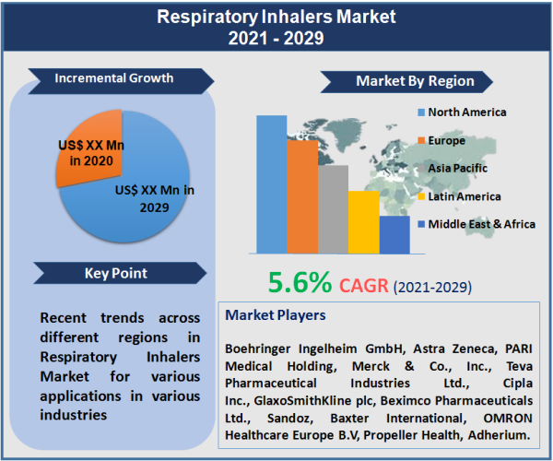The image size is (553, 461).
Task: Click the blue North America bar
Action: pos(272,184)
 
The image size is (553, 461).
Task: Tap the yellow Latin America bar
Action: pos(363,222)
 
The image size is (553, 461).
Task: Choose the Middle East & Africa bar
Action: pos(394,235)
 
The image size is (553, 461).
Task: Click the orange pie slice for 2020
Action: pos(88,148)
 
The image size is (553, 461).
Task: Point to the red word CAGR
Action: pos(366,285)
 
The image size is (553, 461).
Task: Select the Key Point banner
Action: pos(115,273)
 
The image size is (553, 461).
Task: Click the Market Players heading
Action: pos(276,315)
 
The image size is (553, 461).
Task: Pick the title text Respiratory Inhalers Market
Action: pos(276,18)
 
